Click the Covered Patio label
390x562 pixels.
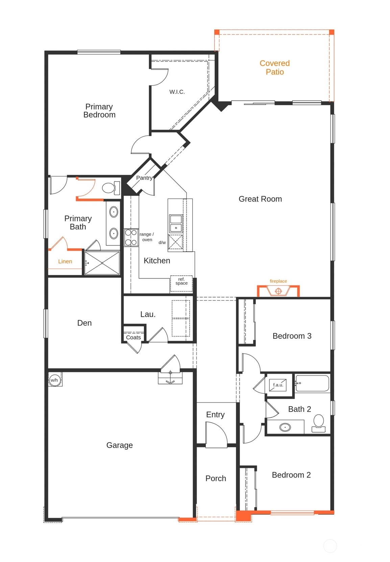tap(275, 68)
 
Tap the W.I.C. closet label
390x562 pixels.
tap(177, 92)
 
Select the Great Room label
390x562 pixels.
tap(260, 199)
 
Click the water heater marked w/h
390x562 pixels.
tap(54, 380)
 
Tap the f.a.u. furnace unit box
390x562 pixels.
tap(278, 385)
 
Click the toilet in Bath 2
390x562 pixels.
tap(318, 423)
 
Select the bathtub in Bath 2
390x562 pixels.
tap(312, 383)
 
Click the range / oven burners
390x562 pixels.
tap(131, 237)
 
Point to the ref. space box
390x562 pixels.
tap(181, 283)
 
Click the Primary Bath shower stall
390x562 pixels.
tap(102, 263)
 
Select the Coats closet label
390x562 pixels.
tap(133, 337)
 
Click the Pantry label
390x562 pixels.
tap(144, 178)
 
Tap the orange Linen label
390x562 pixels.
tap(65, 261)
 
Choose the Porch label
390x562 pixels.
tap(216, 478)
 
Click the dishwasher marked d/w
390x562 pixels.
tap(175, 242)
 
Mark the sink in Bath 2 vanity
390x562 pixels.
tap(285, 427)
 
